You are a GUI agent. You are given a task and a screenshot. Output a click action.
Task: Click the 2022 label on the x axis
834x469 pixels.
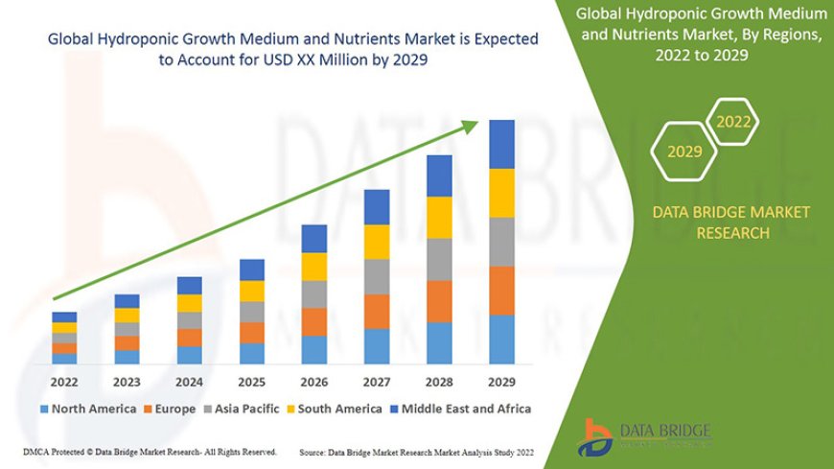point(64,380)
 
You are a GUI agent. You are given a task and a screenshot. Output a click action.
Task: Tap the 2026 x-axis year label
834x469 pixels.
point(313,380)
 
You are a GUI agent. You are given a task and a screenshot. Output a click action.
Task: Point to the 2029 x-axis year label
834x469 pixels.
point(501,380)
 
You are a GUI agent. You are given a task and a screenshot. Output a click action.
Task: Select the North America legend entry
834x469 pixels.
point(88,409)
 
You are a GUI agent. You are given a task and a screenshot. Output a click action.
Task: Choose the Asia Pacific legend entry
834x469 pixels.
point(246,409)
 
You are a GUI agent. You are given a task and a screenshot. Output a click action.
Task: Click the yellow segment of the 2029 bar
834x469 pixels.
point(501,193)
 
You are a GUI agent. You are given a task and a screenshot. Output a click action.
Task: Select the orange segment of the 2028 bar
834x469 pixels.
point(439,301)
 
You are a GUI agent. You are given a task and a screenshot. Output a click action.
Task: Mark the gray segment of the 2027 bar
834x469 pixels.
point(377,276)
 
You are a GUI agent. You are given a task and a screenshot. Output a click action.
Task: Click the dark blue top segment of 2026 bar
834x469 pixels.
point(314,238)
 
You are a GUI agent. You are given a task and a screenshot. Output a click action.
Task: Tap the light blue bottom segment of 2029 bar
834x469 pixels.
point(501,340)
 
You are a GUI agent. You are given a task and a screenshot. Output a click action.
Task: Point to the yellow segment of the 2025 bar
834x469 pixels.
point(252,291)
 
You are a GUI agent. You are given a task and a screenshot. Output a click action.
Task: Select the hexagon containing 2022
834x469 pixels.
point(733,122)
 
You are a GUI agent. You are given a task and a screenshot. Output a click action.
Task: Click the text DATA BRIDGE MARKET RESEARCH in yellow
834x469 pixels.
point(731,222)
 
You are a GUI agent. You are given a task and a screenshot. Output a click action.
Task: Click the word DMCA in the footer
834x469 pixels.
point(37,451)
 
